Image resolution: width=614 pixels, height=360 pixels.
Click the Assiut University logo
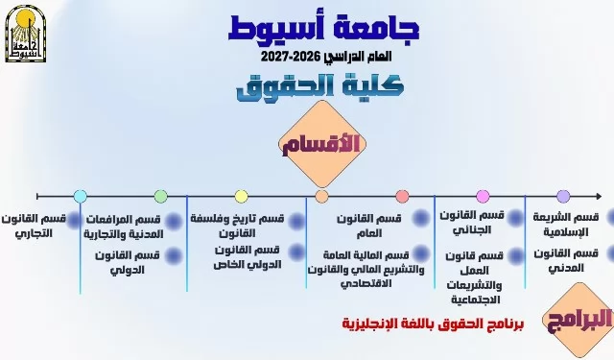(26, 34)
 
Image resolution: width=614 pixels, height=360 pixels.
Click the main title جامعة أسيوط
(324, 28)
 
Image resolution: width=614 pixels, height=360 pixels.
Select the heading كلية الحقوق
(320, 85)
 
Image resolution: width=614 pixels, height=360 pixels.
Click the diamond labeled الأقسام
(322, 144)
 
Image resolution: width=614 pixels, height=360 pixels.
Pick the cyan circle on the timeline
(81, 196)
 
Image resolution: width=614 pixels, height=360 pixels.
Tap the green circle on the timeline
(160, 196)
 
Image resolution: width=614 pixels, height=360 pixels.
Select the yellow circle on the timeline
(241, 196)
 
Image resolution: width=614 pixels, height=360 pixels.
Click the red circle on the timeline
(402, 196)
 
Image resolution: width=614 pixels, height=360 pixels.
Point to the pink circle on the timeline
(483, 196)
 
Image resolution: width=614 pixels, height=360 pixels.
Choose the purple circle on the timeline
(563, 196)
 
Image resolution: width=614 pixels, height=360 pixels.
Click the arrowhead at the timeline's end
(598, 196)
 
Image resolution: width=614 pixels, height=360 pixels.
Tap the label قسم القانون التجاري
(34, 226)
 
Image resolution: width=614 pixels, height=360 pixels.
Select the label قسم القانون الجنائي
(472, 223)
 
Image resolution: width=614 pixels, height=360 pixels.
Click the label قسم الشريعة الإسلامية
(566, 225)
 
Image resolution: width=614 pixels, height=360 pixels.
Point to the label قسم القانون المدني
(566, 260)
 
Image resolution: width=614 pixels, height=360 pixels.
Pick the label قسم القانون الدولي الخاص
(248, 257)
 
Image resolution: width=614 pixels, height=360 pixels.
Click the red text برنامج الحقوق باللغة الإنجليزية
(433, 324)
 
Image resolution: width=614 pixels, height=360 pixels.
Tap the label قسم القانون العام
(368, 226)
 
